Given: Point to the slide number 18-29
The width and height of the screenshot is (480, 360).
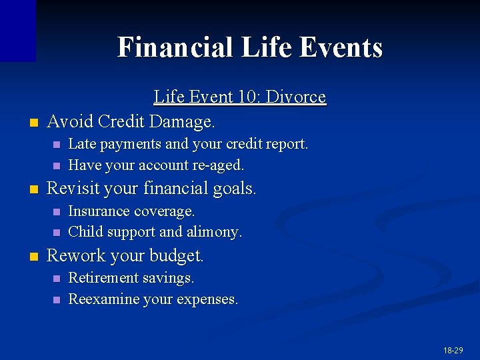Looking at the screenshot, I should pos(452,350).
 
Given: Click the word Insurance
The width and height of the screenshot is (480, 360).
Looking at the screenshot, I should pos(99,211).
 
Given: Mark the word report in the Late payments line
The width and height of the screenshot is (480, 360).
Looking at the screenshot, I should pos(286,144).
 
